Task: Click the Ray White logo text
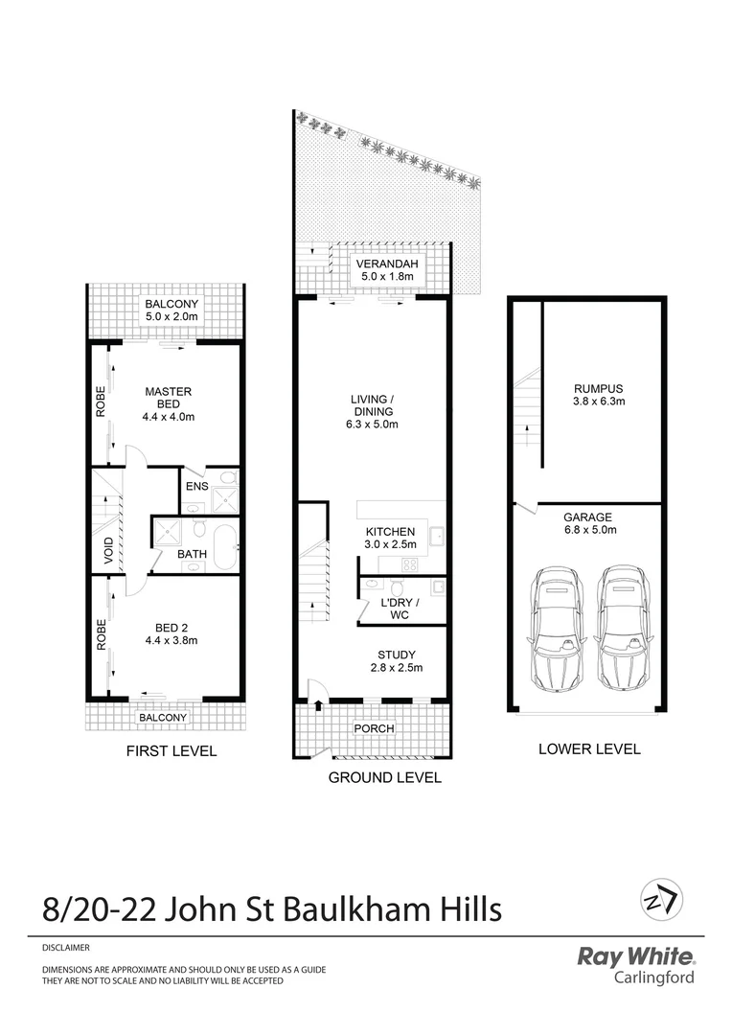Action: tap(635, 956)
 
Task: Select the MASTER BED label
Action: tap(169, 397)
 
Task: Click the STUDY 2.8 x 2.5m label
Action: tap(397, 661)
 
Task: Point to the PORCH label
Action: tap(375, 728)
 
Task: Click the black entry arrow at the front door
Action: tap(316, 706)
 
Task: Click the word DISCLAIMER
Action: tap(66, 948)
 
